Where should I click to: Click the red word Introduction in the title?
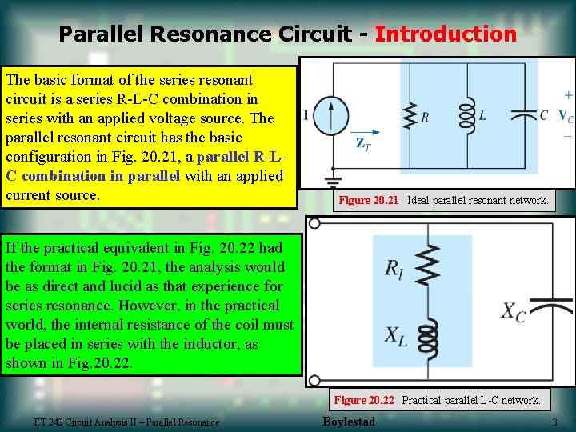tap(446, 34)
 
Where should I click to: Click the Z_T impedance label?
tap(364, 145)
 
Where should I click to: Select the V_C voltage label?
tap(565, 117)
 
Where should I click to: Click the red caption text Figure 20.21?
tap(368, 200)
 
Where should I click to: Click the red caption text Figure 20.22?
tap(364, 400)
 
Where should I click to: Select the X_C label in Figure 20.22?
tap(513, 312)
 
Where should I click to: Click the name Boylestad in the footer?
tap(348, 422)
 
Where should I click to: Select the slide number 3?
tap(554, 422)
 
